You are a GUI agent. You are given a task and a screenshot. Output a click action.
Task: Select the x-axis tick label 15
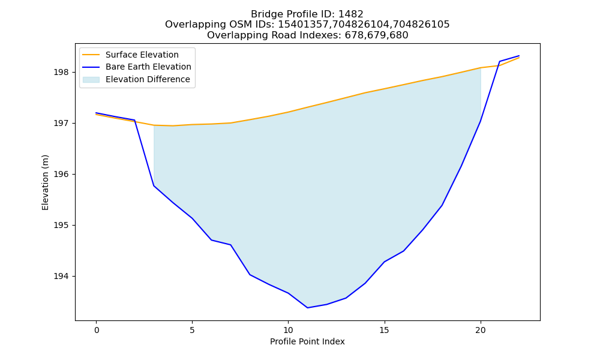(x=384, y=330)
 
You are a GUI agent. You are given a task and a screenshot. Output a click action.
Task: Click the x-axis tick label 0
(x=97, y=330)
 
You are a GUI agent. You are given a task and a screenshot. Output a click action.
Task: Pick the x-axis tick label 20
(x=480, y=330)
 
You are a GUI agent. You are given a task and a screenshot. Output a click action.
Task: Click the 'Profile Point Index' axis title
(x=307, y=341)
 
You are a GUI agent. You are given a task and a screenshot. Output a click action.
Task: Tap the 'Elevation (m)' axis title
(x=45, y=182)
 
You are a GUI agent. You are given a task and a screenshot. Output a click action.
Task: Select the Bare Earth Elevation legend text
(x=148, y=67)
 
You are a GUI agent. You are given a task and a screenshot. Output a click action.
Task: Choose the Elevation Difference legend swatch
(x=91, y=80)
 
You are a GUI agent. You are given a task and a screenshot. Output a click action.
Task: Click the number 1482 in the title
(x=350, y=14)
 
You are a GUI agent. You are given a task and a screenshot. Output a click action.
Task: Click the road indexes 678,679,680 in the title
(x=377, y=35)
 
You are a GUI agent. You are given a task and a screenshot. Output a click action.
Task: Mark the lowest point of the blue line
(x=307, y=308)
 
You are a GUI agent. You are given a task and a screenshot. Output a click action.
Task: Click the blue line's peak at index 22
(x=519, y=56)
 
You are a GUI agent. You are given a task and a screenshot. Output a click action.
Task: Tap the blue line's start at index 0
(x=97, y=113)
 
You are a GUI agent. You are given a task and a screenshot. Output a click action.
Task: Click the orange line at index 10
(x=288, y=112)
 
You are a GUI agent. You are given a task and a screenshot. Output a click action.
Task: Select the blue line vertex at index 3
(x=154, y=186)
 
